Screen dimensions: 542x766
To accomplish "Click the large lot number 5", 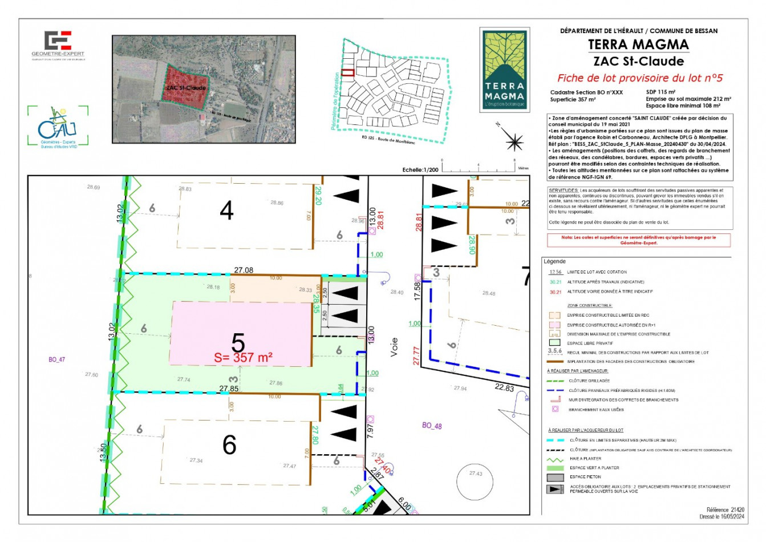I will pyautogui.click(x=238, y=343).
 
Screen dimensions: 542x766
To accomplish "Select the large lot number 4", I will pyautogui.click(x=226, y=211).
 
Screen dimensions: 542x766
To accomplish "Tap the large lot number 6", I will pyautogui.click(x=229, y=444).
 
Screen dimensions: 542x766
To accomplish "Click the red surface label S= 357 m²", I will pyautogui.click(x=243, y=358).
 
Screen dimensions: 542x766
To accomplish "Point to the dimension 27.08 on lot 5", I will pyautogui.click(x=244, y=270).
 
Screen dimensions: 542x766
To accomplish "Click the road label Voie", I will pyautogui.click(x=394, y=347).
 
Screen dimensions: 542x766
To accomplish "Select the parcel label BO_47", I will pyautogui.click(x=56, y=359).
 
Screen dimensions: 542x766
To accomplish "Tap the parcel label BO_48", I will pyautogui.click(x=432, y=426).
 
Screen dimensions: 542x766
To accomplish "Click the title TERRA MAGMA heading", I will pyautogui.click(x=638, y=45).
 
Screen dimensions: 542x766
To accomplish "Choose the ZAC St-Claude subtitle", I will pyautogui.click(x=638, y=61).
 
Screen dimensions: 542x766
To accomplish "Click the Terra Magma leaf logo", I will pyautogui.click(x=504, y=69).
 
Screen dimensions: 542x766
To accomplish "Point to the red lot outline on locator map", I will pyautogui.click(x=348, y=72).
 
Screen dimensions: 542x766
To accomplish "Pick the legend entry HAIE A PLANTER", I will pyautogui.click(x=585, y=458).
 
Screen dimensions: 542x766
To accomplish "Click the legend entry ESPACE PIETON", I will pyautogui.click(x=585, y=477).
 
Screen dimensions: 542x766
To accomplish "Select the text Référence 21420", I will pyautogui.click(x=725, y=509).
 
